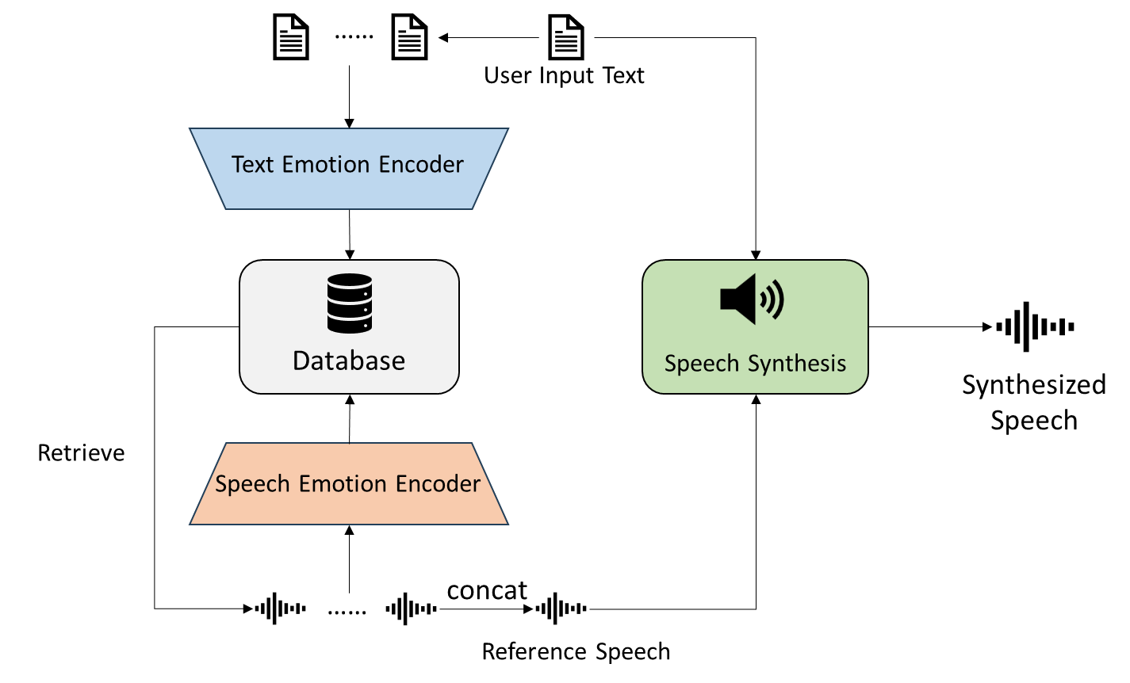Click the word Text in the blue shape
[253, 165]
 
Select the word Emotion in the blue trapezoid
[325, 165]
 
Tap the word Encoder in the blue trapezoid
[421, 165]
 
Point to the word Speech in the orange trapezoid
[252, 484]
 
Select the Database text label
[349, 361]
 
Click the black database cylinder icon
[350, 303]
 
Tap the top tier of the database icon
[350, 283]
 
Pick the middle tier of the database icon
[350, 303]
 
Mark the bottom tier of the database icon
[350, 322]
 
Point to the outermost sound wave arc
[779, 299]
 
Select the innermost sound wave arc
[763, 299]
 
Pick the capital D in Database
[302, 361]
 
